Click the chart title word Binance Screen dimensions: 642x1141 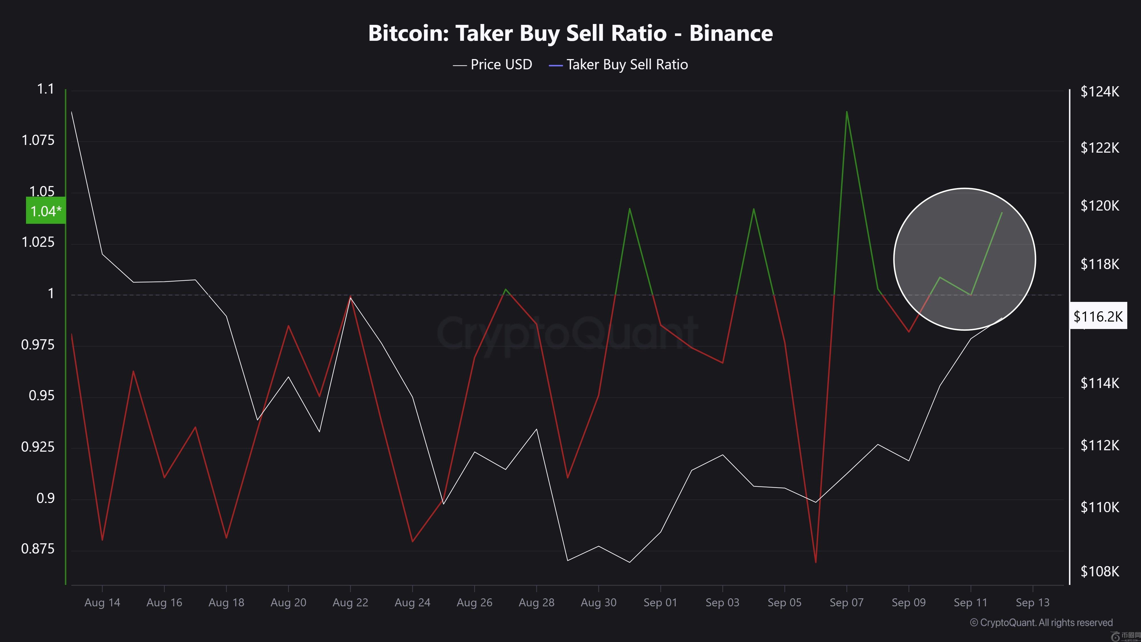pyautogui.click(x=731, y=33)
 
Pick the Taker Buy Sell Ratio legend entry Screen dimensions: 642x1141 pyautogui.click(x=618, y=65)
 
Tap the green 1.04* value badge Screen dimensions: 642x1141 pyautogui.click(x=46, y=211)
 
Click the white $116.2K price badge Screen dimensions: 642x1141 pyautogui.click(x=1098, y=316)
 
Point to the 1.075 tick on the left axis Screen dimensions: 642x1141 pyautogui.click(x=38, y=140)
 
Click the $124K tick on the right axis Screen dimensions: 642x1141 pyautogui.click(x=1099, y=92)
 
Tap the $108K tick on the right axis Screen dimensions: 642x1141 pyautogui.click(x=1099, y=572)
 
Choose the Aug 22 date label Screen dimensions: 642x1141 pyautogui.click(x=350, y=603)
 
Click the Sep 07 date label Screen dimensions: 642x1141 pyautogui.click(x=846, y=603)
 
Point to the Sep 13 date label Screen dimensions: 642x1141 pyautogui.click(x=1033, y=603)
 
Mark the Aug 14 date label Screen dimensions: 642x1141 pyautogui.click(x=102, y=603)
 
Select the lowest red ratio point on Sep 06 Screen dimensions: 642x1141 pyautogui.click(x=816, y=562)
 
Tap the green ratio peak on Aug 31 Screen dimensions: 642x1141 pyautogui.click(x=630, y=209)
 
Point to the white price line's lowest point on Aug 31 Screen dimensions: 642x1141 pyautogui.click(x=630, y=562)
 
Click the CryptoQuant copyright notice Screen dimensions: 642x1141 pyautogui.click(x=1041, y=623)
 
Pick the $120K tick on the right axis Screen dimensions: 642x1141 pyautogui.click(x=1099, y=205)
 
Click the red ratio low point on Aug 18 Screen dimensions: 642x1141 pyautogui.click(x=226, y=538)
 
